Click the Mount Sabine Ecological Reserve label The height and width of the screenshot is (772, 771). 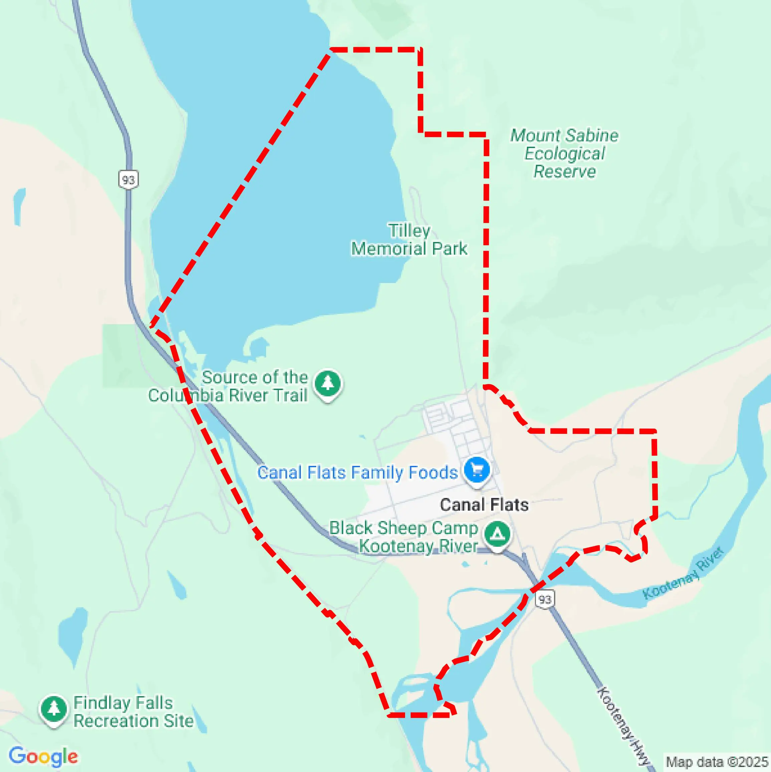point(564,153)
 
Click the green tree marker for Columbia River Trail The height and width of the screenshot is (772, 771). point(328,383)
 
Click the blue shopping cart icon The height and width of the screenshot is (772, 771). point(477,470)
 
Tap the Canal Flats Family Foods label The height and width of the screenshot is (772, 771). point(357,472)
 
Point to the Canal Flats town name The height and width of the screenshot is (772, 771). point(484,505)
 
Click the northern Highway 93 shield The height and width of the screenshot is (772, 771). point(128,179)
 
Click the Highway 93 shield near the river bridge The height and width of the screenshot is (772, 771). point(545,599)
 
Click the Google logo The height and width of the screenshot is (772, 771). point(43,756)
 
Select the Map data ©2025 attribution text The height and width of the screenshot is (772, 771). point(717,762)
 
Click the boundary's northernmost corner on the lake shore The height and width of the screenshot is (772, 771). point(331,49)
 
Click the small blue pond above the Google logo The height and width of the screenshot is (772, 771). point(73,635)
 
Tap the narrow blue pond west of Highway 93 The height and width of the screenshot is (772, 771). point(19,206)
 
